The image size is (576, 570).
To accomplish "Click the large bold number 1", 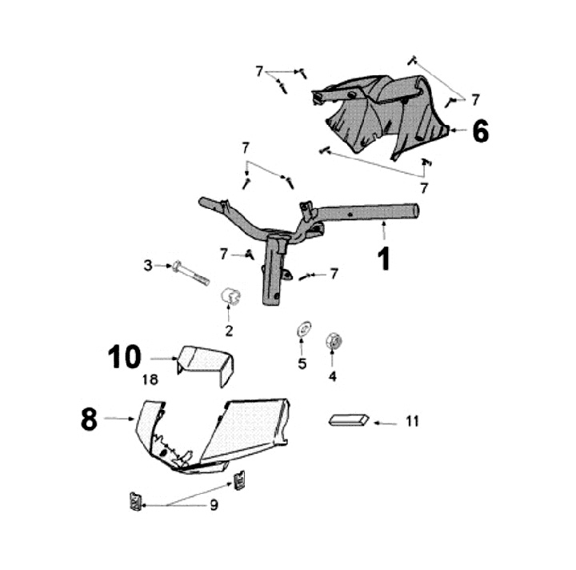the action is click(x=384, y=258).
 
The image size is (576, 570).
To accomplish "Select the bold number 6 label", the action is click(x=480, y=130).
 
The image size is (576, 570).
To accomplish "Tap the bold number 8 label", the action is click(x=89, y=419).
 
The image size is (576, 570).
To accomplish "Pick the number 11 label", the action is click(x=412, y=421).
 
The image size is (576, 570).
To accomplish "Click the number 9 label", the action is click(x=214, y=505).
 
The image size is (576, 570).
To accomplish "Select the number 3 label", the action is click(x=147, y=265).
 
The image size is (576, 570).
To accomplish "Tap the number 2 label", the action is click(x=229, y=330).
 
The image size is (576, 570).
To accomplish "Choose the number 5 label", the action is click(x=302, y=363).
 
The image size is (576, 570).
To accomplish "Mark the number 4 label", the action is click(x=332, y=374).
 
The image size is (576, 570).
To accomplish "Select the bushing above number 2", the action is click(x=230, y=297).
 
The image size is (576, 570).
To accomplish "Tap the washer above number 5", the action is click(x=302, y=331).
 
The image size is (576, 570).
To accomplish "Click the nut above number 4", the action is click(x=334, y=342).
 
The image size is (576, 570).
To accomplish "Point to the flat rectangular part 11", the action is click(x=349, y=419).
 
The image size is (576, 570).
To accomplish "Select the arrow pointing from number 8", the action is click(x=119, y=418).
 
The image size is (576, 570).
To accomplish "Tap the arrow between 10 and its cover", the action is click(x=163, y=359).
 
